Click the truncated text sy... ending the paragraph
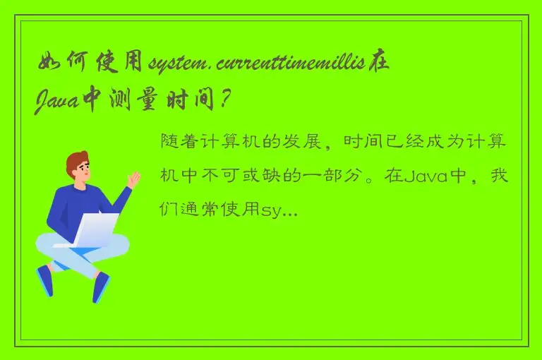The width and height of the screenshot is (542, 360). [x=279, y=209]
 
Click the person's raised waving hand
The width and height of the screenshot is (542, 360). [x=133, y=179]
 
